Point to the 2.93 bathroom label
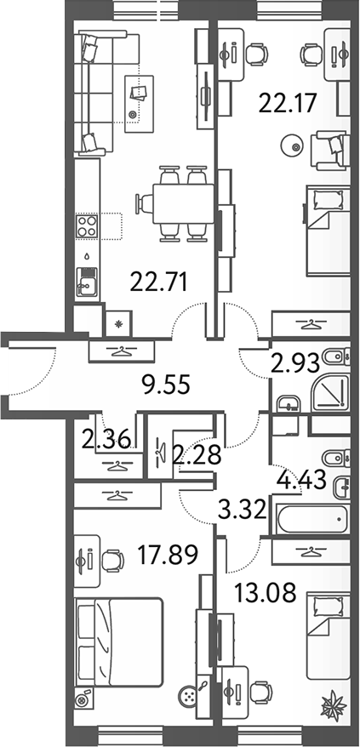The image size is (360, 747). coord(294,364)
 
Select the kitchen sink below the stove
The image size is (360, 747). coord(86,278)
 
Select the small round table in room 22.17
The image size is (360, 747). coord(295,146)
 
